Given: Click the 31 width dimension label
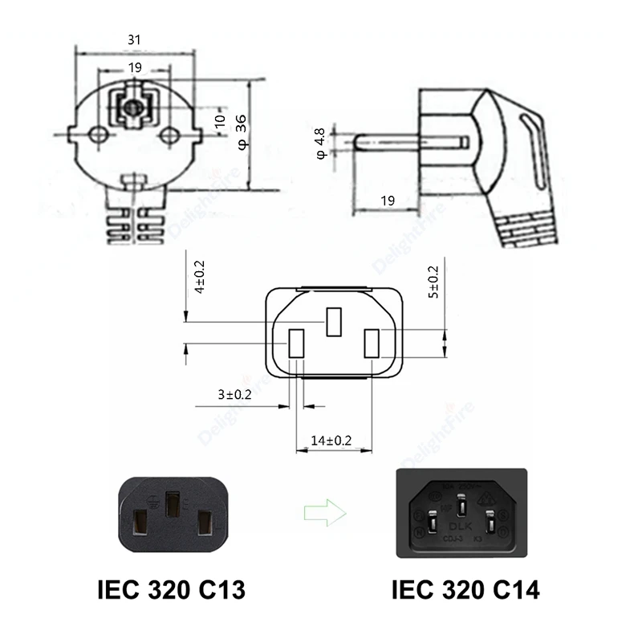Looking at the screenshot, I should coord(136,38).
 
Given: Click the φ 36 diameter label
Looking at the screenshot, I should coord(241,131).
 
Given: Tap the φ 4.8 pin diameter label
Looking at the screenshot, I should coord(319,142).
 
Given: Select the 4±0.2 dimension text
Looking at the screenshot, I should coord(200,276).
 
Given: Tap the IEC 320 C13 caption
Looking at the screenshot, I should coord(171,591).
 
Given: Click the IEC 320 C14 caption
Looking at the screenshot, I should coord(465,591).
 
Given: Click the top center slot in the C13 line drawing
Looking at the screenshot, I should coord(334,322).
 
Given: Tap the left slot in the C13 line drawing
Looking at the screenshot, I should coord(295,343).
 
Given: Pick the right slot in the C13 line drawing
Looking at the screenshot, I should coord(372,343).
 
